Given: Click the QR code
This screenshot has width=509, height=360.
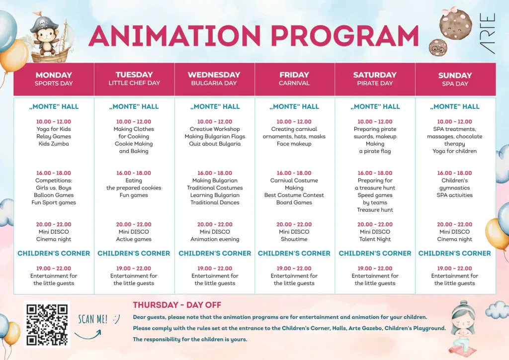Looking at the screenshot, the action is click(x=47, y=324).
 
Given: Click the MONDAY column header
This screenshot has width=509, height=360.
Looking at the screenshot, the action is click(x=54, y=79).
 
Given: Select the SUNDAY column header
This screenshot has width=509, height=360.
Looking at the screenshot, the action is click(x=455, y=79).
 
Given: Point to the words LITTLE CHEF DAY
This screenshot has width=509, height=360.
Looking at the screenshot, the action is click(x=134, y=83).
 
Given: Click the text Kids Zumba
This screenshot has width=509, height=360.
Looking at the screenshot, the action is click(x=54, y=144).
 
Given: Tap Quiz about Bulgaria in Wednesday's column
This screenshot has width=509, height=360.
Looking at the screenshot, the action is click(x=215, y=144).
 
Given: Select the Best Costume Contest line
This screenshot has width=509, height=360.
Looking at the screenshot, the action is click(x=294, y=195).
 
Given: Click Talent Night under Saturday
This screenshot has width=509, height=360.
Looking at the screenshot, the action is click(x=375, y=239).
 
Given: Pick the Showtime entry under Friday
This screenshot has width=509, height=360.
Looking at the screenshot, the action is click(x=294, y=239).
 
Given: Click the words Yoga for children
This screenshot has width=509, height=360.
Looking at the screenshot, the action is click(x=454, y=151).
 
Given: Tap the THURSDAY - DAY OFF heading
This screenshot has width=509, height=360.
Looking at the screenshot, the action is click(x=177, y=305).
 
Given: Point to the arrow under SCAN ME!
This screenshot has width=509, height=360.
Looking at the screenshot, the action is click(x=88, y=336).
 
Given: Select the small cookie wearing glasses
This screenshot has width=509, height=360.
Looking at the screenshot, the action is click(x=438, y=48).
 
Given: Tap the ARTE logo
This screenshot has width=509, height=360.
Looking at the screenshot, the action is click(x=487, y=33).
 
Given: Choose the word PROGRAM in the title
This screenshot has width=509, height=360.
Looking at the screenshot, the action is click(x=345, y=36).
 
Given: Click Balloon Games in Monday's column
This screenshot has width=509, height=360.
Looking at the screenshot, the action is click(x=54, y=195).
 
